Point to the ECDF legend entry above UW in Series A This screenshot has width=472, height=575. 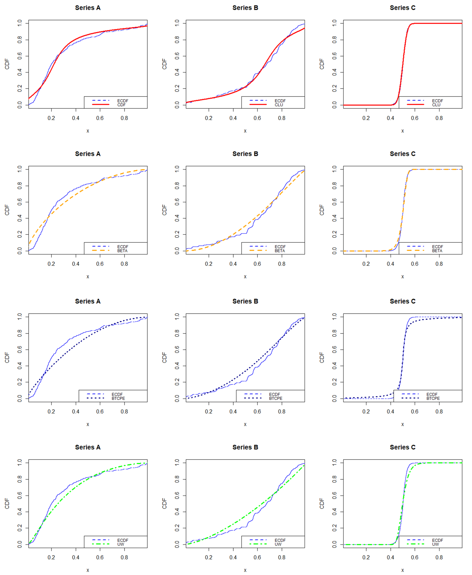click(123, 540)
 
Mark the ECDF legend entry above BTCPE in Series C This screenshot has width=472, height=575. click(432, 394)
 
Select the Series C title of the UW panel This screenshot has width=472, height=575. click(402, 447)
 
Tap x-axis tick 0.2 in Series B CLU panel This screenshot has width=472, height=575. click(209, 118)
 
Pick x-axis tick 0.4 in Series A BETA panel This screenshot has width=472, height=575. click(76, 264)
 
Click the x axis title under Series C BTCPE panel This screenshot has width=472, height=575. click(402, 424)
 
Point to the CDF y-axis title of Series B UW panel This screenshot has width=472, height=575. click(164, 503)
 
